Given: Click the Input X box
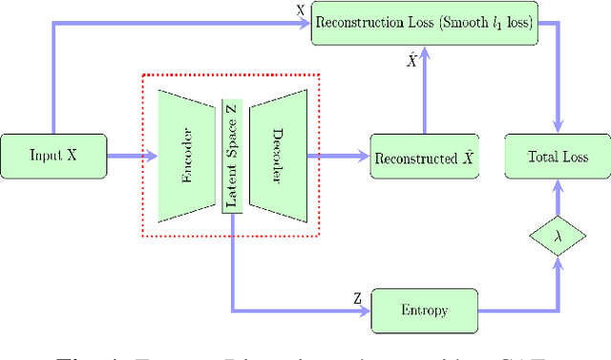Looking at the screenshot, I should click(53, 157).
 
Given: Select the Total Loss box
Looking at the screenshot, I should click(558, 157).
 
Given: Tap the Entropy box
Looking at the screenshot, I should click(424, 311).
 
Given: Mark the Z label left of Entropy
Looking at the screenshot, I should click(357, 299).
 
